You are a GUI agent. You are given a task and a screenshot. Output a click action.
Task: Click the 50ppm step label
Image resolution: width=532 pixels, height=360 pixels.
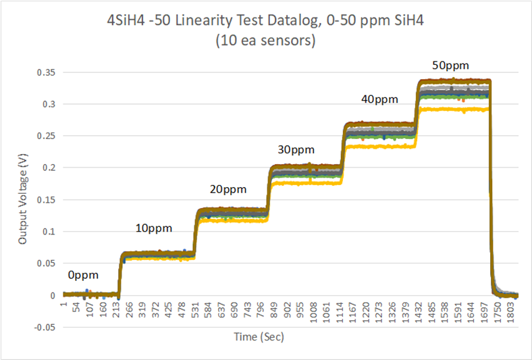pos(450,66)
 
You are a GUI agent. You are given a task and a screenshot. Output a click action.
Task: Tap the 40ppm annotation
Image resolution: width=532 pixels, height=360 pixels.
pos(379,99)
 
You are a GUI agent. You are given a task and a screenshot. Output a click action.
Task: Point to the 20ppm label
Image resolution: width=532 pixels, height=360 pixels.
pos(228,190)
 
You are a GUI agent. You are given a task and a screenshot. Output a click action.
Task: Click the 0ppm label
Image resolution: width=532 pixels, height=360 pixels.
pos(83,276)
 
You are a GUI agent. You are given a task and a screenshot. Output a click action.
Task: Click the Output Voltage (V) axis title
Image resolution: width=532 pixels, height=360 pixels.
pos(23,200)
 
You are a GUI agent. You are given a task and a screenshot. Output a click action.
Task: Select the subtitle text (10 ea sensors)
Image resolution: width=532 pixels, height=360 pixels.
pos(266,41)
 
